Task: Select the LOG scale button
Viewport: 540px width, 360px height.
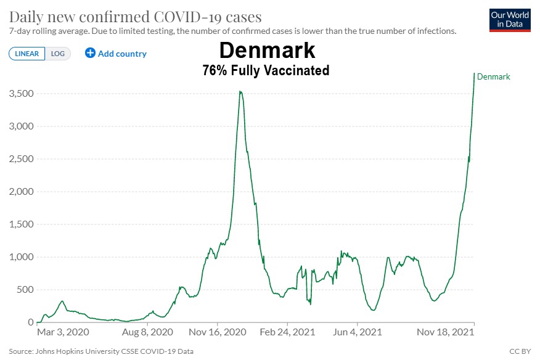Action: (58, 54)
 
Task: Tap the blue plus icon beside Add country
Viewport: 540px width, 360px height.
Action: (90, 53)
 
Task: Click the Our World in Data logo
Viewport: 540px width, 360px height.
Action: (509, 20)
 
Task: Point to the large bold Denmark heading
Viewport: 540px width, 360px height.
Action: (267, 50)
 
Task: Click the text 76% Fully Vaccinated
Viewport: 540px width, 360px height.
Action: (266, 71)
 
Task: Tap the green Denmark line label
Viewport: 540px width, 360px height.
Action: (494, 76)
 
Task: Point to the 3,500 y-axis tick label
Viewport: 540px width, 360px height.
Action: (20, 94)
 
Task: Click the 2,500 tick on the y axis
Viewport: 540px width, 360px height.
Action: (20, 159)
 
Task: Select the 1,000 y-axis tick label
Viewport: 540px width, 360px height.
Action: (20, 257)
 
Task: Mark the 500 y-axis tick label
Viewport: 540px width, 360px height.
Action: (25, 290)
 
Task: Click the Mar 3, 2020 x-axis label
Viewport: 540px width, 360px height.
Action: (63, 332)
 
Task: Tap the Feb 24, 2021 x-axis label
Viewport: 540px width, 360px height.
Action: (288, 332)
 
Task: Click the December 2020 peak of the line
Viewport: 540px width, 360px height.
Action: (240, 92)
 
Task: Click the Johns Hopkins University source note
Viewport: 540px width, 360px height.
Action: (101, 351)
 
